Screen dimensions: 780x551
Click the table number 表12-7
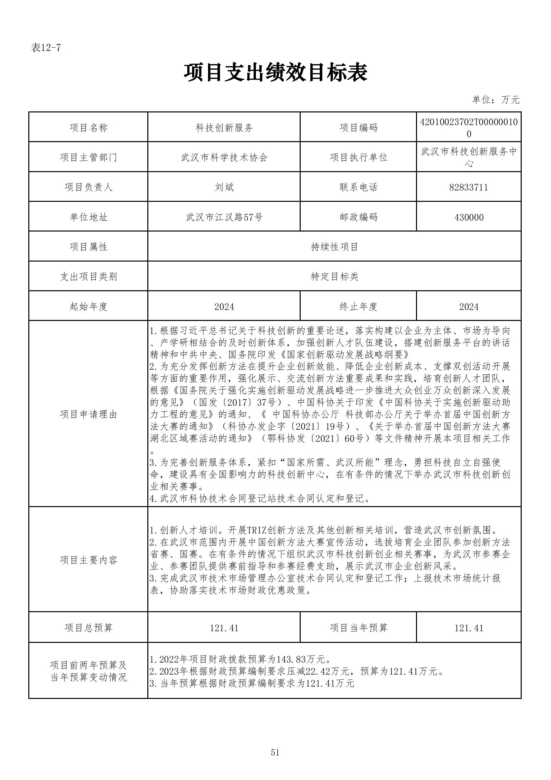[x=46, y=48]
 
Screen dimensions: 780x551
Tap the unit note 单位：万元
[x=495, y=100]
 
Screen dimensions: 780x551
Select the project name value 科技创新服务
[x=224, y=128]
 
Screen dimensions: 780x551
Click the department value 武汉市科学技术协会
[x=224, y=157]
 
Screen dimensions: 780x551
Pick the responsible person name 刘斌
[x=224, y=187]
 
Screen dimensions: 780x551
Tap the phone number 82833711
[x=469, y=187]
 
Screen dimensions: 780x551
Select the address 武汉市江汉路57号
[x=224, y=217]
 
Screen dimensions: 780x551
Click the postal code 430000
[x=469, y=217]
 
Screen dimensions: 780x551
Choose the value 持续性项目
[x=334, y=247]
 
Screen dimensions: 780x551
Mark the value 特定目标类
[x=334, y=277]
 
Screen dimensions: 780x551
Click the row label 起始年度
[x=88, y=306]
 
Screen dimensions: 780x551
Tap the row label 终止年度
[x=358, y=306]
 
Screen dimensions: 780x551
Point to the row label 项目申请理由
[x=88, y=414]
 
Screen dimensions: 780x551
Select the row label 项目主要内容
[x=88, y=560]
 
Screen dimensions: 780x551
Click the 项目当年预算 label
[x=358, y=628]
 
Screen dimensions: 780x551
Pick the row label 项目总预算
[x=88, y=628]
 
